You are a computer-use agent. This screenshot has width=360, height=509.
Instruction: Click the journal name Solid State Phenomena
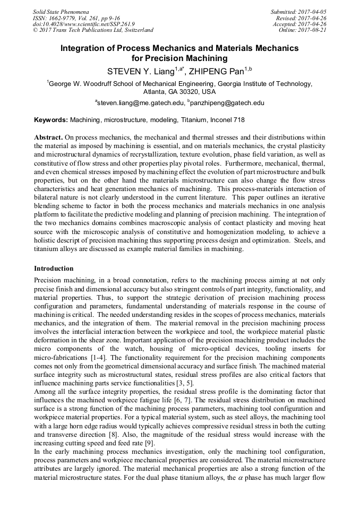tap(61, 11)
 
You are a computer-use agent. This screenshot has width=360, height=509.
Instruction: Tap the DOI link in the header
tap(83, 24)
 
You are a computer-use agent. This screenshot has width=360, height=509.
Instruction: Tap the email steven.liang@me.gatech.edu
tap(140, 103)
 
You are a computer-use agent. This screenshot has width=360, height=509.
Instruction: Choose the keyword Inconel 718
tap(226, 120)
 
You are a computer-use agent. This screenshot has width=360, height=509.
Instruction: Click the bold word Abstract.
tap(49, 137)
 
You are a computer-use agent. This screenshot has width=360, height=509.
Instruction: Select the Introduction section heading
tap(54, 269)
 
